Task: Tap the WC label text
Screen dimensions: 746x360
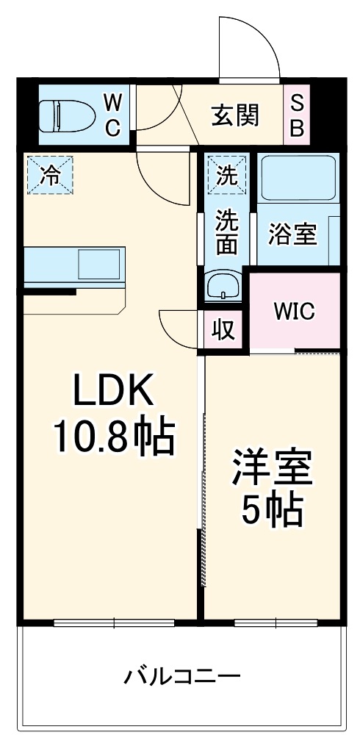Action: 112,115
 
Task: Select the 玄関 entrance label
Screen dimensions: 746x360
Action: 235,115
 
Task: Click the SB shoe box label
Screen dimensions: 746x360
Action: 297,115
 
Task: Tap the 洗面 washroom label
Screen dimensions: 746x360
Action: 226,232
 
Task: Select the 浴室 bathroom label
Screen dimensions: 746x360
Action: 292,234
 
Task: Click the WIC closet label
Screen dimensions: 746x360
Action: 294,311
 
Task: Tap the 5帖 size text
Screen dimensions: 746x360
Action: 273,510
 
